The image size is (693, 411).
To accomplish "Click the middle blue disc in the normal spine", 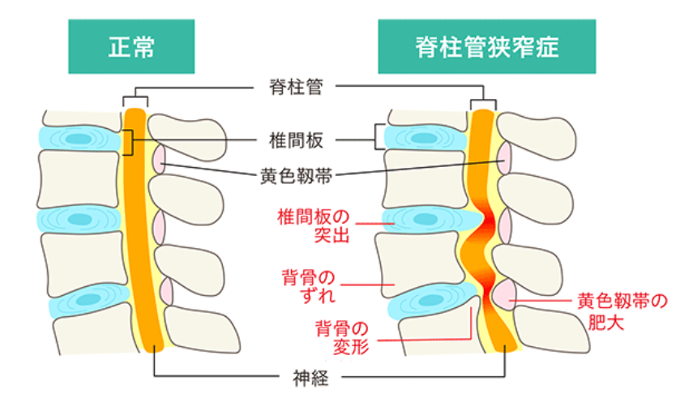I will click(80, 219).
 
